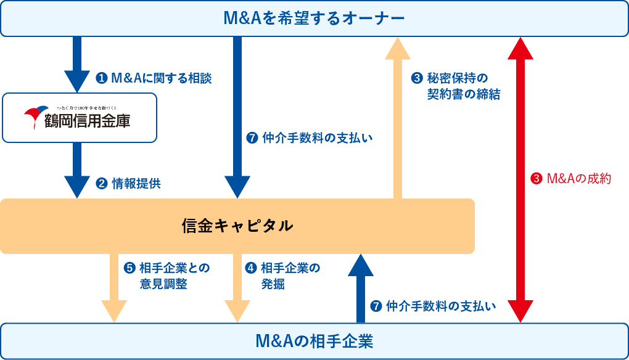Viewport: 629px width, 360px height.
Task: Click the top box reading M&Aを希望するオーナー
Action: (314, 18)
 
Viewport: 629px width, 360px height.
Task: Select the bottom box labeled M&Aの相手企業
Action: (314, 341)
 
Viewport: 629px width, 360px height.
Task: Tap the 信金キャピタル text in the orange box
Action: (237, 226)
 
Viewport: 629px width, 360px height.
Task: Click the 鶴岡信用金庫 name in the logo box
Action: (87, 121)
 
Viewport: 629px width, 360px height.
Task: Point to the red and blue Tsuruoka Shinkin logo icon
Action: (35, 117)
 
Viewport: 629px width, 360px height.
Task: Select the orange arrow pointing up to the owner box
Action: (398, 117)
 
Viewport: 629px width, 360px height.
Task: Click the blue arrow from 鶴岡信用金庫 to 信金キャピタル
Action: (77, 170)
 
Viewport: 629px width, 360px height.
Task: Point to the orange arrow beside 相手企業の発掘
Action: (237, 287)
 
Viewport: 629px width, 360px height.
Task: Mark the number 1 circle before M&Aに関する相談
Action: (102, 78)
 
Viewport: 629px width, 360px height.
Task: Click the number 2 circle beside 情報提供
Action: (102, 183)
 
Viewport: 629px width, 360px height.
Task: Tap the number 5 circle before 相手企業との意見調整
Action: (129, 268)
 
